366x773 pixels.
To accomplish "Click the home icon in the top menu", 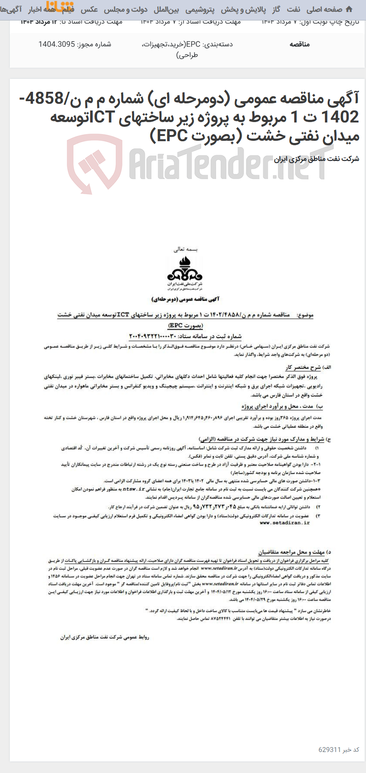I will tap(349, 9).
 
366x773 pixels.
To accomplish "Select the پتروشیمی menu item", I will tap(200, 9).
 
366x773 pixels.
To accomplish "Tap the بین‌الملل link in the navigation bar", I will tap(166, 9).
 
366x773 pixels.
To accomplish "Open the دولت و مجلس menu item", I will tap(126, 9).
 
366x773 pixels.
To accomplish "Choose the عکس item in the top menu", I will tap(89, 9).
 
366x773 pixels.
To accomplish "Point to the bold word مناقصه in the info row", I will tap(300, 44).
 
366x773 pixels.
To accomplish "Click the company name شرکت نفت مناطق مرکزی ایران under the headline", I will tap(316, 159).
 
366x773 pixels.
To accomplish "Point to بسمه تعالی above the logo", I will tap(185, 249).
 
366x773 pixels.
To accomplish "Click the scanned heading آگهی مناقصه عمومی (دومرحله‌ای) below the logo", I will tap(185, 299).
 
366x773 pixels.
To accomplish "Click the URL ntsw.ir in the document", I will tap(134, 489).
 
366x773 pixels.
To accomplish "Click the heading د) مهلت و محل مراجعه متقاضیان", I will tap(294, 552).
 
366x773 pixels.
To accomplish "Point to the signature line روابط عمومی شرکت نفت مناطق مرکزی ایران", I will tap(105, 637).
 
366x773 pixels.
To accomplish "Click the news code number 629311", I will tap(329, 749).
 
